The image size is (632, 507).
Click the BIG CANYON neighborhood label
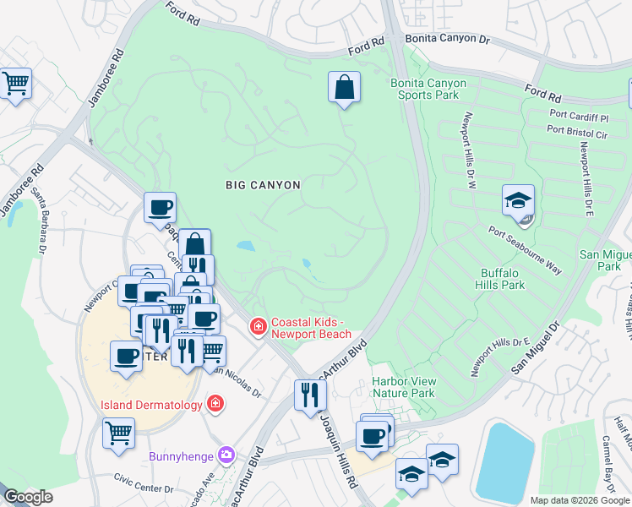[x=263, y=183]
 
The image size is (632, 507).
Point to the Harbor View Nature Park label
[x=404, y=387]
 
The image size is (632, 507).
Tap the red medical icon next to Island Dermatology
[x=216, y=405]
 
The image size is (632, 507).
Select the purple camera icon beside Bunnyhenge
[x=226, y=456]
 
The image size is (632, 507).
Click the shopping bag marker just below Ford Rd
[x=344, y=87]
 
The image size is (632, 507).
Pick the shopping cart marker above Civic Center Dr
[x=119, y=433]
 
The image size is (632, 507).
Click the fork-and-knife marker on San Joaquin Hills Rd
[x=310, y=394]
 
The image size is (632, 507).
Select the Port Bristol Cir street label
[x=577, y=131]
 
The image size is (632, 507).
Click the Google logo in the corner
[x=27, y=497]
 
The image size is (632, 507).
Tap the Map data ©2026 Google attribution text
[x=579, y=500]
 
